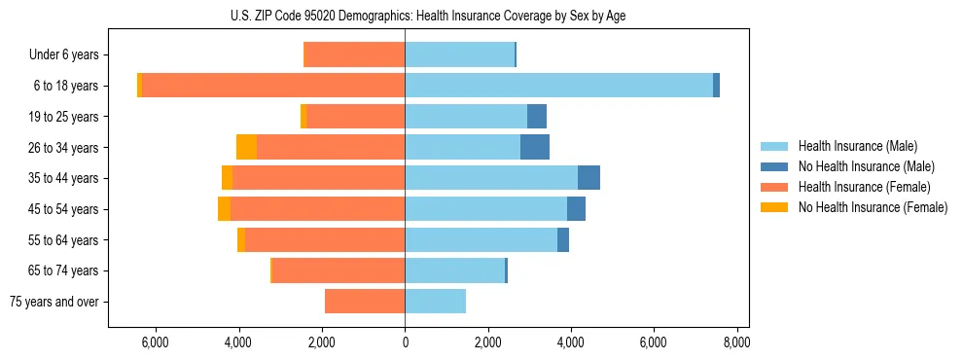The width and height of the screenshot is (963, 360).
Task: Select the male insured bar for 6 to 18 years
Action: tap(558, 86)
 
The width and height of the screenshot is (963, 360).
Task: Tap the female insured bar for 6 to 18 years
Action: tap(273, 86)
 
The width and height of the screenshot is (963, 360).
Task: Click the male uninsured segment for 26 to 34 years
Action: tap(535, 147)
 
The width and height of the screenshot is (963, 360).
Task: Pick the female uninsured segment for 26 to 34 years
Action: tap(246, 147)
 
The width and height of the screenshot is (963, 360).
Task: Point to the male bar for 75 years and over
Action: tap(435, 302)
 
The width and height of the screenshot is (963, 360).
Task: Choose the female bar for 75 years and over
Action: tap(365, 302)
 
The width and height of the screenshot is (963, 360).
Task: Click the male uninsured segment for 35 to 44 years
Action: tap(588, 178)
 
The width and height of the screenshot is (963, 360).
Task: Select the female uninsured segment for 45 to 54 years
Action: tap(224, 209)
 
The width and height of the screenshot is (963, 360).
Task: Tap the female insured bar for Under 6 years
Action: tap(355, 54)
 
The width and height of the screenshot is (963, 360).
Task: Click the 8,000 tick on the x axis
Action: tap(736, 342)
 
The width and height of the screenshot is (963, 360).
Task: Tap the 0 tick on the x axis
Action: tap(405, 342)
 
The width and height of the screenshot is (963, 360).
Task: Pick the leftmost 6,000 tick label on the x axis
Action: tap(156, 342)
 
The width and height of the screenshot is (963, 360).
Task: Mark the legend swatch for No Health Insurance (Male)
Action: tap(774, 166)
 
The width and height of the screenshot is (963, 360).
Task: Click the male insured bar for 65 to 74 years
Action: tap(454, 270)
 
